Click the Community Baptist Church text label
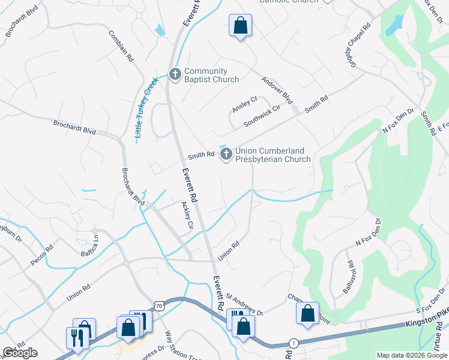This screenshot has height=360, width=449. tap(211, 75)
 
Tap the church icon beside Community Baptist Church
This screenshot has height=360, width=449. tap(175, 75)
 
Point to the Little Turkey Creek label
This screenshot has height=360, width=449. tap(146, 107)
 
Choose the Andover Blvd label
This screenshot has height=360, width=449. tap(276, 90)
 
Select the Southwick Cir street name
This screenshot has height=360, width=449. tap(262, 116)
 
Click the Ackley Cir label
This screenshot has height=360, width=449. tap(187, 215)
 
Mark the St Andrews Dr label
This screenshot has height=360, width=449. tap(244, 304)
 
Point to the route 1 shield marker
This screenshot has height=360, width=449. tap(294, 342)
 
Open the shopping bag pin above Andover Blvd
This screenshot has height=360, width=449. tap(240, 26)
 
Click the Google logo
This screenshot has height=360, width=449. tap(20, 353)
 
